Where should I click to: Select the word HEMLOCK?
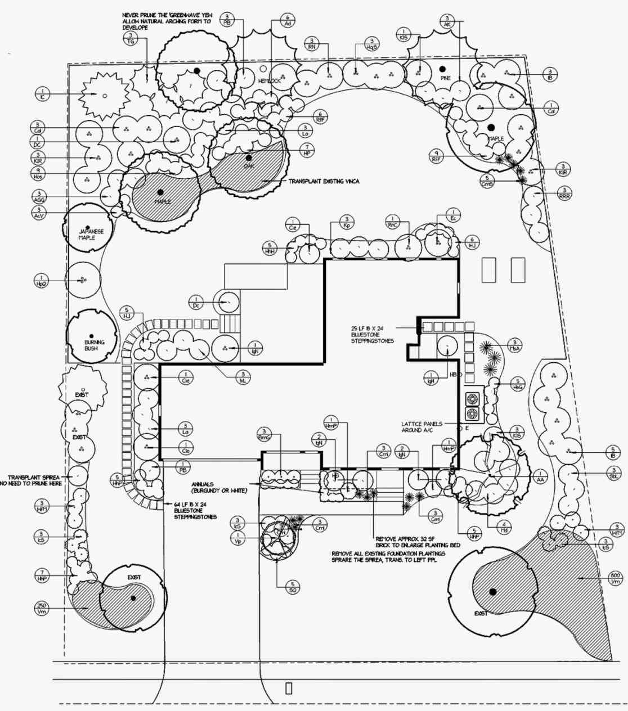270,81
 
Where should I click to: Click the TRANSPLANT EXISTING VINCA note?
324,182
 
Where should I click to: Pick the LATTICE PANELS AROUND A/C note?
422,426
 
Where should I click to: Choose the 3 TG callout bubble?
131,38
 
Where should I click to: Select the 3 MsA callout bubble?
514,345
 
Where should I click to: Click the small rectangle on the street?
289,688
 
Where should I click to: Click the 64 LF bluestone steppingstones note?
195,510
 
